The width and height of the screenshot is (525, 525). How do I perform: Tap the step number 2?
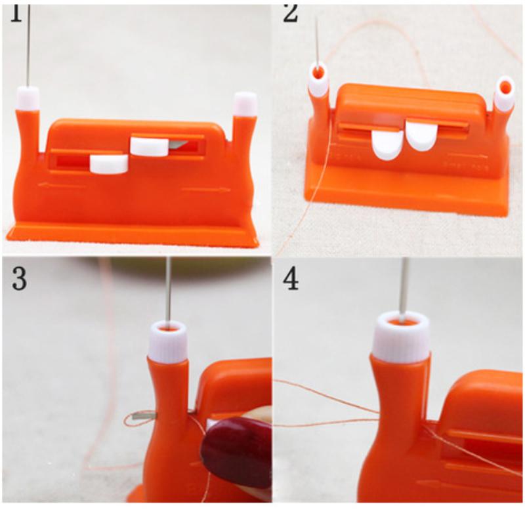coord(290,14)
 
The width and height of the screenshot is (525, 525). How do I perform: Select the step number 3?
coord(20,278)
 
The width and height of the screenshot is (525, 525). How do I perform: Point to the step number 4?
coord(290,279)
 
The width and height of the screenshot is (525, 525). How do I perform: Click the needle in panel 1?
coord(28,46)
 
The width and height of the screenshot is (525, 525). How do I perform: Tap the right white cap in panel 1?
coord(245,104)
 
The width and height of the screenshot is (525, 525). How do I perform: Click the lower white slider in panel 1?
coord(108,164)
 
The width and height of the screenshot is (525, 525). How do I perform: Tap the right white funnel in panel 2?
coord(504,94)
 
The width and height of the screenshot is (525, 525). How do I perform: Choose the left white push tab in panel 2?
coord(386,144)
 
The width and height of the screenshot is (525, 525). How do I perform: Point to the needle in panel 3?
coord(169,289)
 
